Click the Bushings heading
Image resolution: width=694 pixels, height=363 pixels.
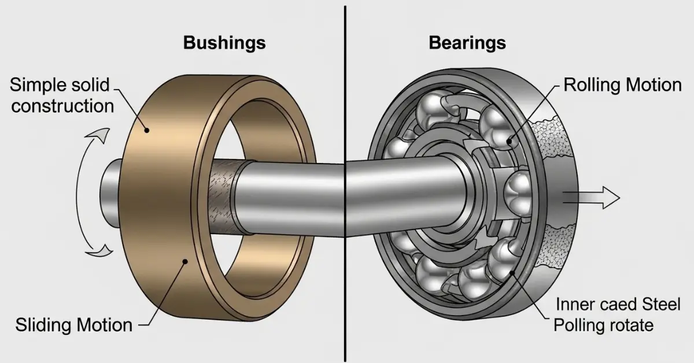tap(225, 43)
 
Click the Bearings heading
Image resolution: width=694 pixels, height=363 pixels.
tap(467, 43)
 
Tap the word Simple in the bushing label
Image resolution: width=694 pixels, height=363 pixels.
tap(38, 86)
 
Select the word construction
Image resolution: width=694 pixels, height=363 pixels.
tap(62, 106)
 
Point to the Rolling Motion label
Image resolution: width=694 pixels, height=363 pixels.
tap(622, 86)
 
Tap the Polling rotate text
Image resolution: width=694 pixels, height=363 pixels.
tap(603, 325)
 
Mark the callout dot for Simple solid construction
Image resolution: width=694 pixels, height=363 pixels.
tap(146, 131)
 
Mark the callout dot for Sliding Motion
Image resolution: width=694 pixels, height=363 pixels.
tap(184, 262)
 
